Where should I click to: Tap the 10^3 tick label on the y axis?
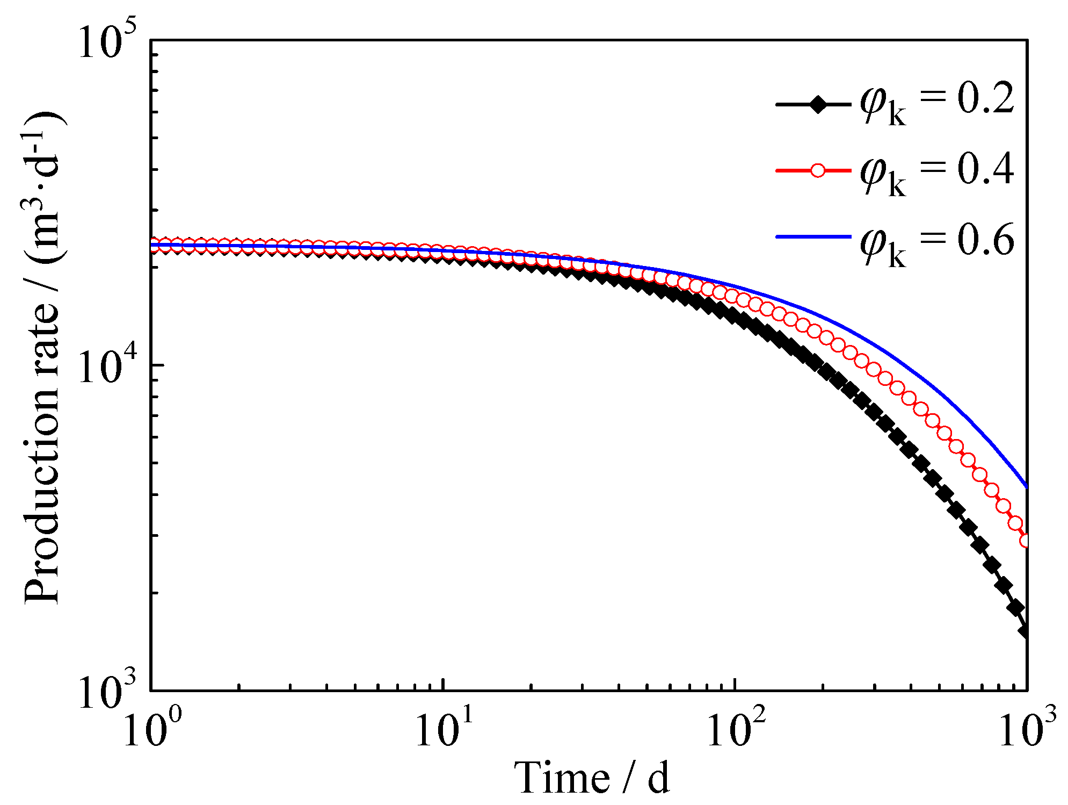click(x=107, y=691)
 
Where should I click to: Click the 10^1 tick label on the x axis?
click(x=444, y=730)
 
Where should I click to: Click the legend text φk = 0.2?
click(x=937, y=102)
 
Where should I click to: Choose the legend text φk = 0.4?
click(x=937, y=172)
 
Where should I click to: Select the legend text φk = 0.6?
click(x=937, y=242)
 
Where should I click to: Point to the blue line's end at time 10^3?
click(x=1026, y=486)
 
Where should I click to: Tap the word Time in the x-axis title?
click(x=562, y=777)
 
